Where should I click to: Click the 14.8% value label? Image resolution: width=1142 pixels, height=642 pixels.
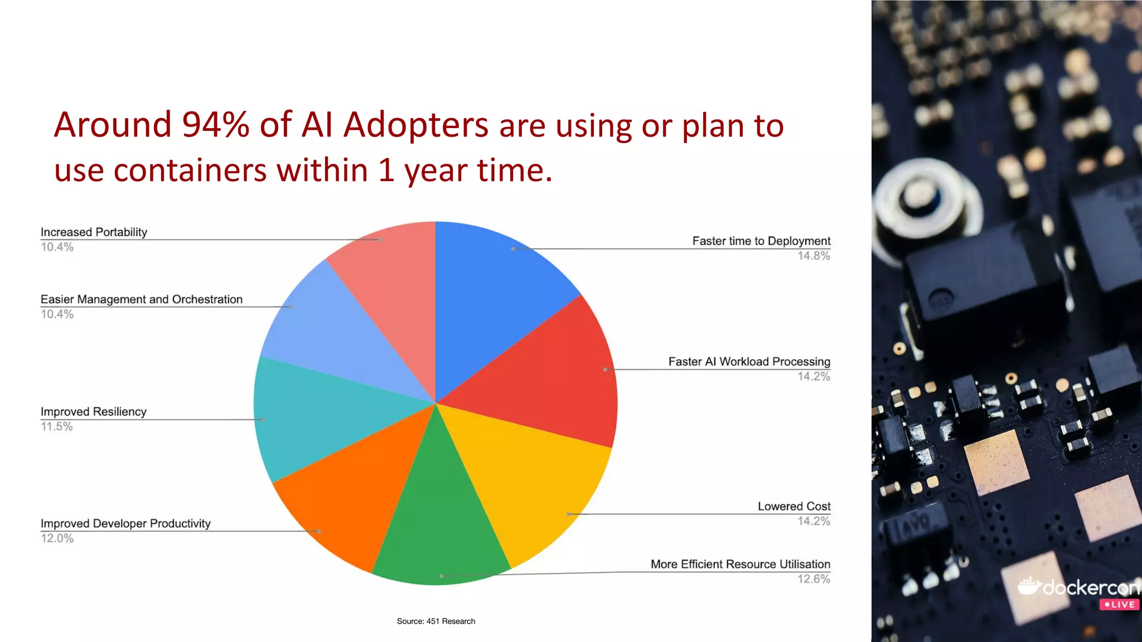pyautogui.click(x=814, y=256)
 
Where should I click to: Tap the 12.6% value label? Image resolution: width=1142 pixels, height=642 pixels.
pyautogui.click(x=814, y=579)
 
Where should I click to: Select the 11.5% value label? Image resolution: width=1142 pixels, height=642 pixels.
pyautogui.click(x=57, y=426)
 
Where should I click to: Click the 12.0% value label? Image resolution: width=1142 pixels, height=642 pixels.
pyautogui.click(x=57, y=538)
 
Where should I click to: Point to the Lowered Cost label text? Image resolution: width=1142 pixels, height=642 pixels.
pyautogui.click(x=793, y=506)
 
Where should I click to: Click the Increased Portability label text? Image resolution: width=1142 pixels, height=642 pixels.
pyautogui.click(x=94, y=232)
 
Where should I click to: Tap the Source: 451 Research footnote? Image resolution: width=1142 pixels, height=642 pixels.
pyautogui.click(x=435, y=621)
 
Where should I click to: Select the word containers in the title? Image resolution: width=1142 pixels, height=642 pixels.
pyautogui.click(x=190, y=170)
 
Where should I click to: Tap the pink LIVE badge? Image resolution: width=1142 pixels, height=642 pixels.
pyautogui.click(x=1119, y=605)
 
